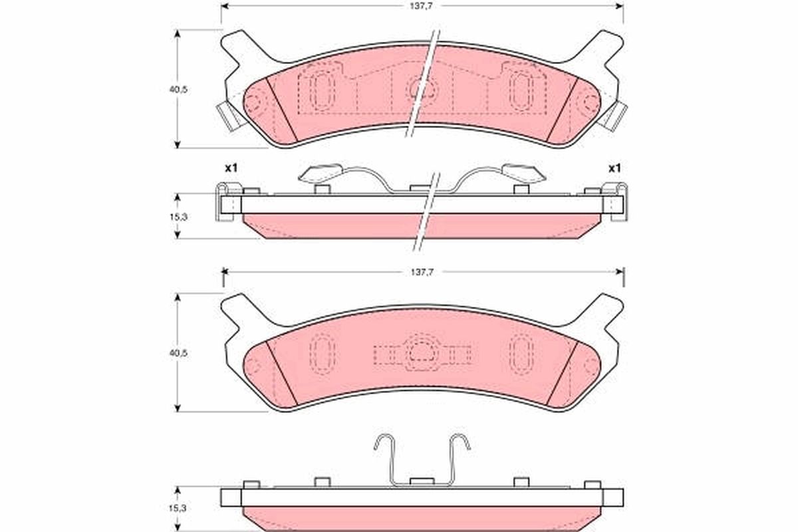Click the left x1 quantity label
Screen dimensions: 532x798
231,168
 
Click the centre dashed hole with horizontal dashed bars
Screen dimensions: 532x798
422,355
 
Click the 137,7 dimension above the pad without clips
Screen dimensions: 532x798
422,271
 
